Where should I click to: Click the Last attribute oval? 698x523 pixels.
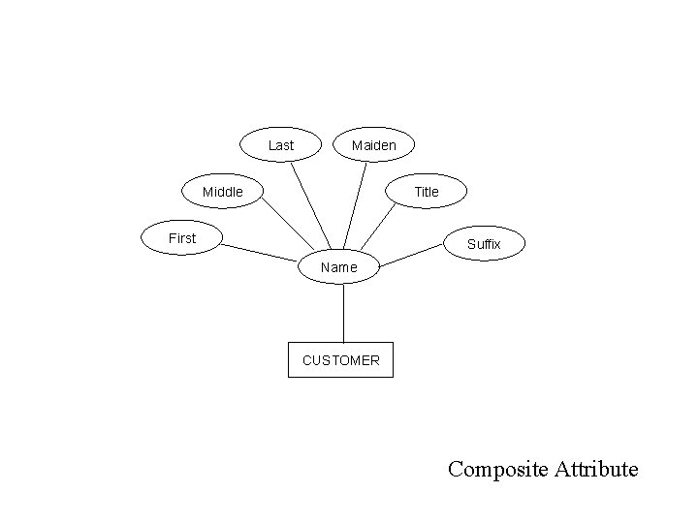pyautogui.click(x=280, y=145)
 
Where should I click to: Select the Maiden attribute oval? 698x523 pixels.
pyautogui.click(x=373, y=145)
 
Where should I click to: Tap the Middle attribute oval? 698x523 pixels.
pyautogui.click(x=223, y=192)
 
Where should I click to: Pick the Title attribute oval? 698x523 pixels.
pyautogui.click(x=427, y=192)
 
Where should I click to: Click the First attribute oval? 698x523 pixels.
pyautogui.click(x=182, y=238)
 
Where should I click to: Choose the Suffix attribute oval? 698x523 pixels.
pyautogui.click(x=484, y=244)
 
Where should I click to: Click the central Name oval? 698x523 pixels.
pyautogui.click(x=338, y=266)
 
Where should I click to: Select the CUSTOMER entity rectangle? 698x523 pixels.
pyautogui.click(x=341, y=359)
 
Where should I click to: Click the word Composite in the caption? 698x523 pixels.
pyautogui.click(x=498, y=470)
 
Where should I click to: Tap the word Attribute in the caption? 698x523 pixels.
pyautogui.click(x=596, y=470)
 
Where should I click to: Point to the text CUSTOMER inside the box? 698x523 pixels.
pyautogui.click(x=341, y=360)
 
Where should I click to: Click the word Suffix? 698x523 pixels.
pyautogui.click(x=484, y=244)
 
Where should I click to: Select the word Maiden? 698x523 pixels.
pyautogui.click(x=373, y=145)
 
